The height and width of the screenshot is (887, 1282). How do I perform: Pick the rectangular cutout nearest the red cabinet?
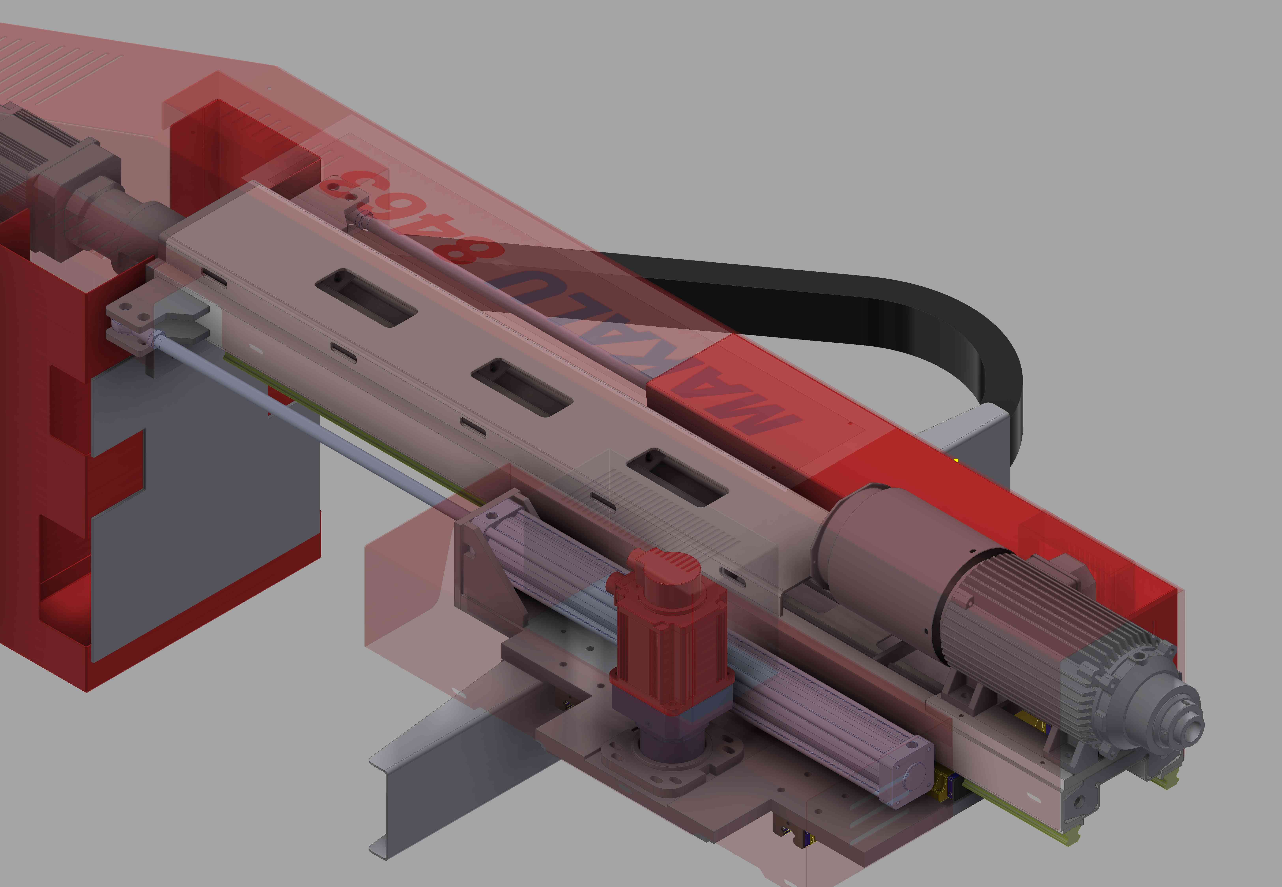(x=366, y=297)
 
